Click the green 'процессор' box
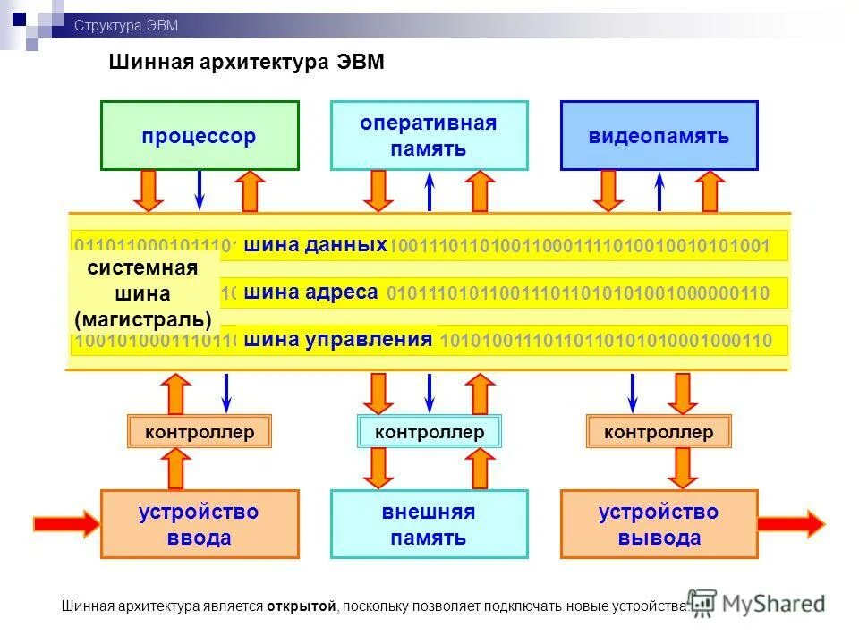click(199, 136)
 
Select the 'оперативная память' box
click(429, 136)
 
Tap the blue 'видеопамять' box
click(659, 136)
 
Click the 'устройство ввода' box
click(199, 524)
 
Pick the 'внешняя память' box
click(429, 524)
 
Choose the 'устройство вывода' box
click(659, 524)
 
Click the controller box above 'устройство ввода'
click(199, 432)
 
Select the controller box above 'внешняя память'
click(429, 432)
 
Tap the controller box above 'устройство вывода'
click(659, 432)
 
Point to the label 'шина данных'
click(315, 245)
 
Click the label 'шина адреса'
click(310, 292)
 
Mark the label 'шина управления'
click(338, 340)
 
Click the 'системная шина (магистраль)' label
click(143, 293)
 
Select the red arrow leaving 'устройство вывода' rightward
click(791, 523)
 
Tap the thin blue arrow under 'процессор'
click(200, 190)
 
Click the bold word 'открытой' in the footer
click(300, 606)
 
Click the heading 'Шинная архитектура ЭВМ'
click(246, 62)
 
